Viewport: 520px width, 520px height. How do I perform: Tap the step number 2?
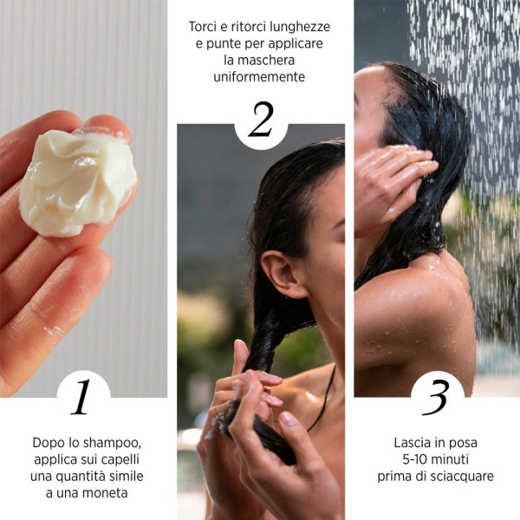pos(260,121)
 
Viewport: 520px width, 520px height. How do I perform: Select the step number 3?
pos(436,397)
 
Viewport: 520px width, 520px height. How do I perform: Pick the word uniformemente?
pos(259,76)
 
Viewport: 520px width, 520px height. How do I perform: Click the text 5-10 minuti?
pos(435,459)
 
